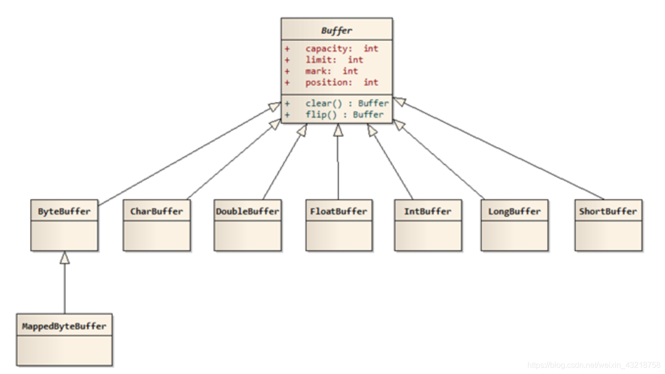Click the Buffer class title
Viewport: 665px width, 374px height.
(336, 30)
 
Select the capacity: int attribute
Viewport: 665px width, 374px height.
(342, 48)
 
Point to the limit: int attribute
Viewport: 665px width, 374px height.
(334, 60)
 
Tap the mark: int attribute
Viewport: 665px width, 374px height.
(332, 71)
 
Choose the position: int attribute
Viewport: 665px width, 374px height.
(342, 83)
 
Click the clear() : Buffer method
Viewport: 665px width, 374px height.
(347, 103)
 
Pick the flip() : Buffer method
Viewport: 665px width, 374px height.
(344, 115)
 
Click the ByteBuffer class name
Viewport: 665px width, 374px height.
(64, 211)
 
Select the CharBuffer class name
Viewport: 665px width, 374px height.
(156, 211)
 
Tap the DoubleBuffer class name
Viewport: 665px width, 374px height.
(248, 211)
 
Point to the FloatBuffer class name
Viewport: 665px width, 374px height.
(339, 211)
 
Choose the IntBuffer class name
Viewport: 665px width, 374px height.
(428, 211)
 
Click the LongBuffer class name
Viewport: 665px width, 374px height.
(515, 211)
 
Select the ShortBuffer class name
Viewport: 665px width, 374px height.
(608, 211)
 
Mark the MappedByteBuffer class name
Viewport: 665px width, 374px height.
(64, 327)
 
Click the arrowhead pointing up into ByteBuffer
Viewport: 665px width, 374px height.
(65, 257)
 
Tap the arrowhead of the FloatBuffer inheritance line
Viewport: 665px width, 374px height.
(338, 130)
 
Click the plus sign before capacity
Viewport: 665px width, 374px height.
(287, 49)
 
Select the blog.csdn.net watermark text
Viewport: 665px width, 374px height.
(594, 365)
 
